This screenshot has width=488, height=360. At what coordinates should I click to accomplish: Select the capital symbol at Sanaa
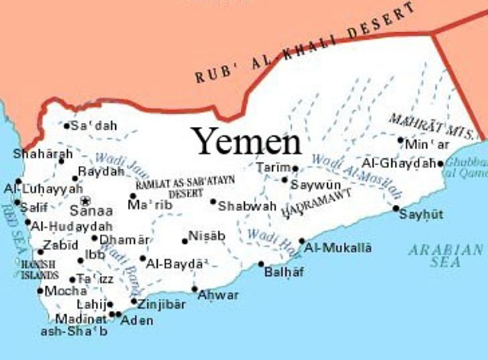[85, 200]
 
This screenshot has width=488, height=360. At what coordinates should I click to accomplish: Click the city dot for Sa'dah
[67, 125]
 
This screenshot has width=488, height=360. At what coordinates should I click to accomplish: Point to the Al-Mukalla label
[338, 248]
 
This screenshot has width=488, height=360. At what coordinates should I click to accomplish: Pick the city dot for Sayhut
[396, 208]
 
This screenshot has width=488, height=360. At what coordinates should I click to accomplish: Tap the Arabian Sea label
[445, 255]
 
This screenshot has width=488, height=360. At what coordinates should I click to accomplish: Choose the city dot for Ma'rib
[133, 196]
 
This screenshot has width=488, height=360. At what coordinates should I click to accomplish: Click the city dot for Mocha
[40, 290]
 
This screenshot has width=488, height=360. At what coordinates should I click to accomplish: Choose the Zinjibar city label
[162, 303]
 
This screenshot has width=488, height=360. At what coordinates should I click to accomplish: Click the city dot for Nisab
[185, 241]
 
